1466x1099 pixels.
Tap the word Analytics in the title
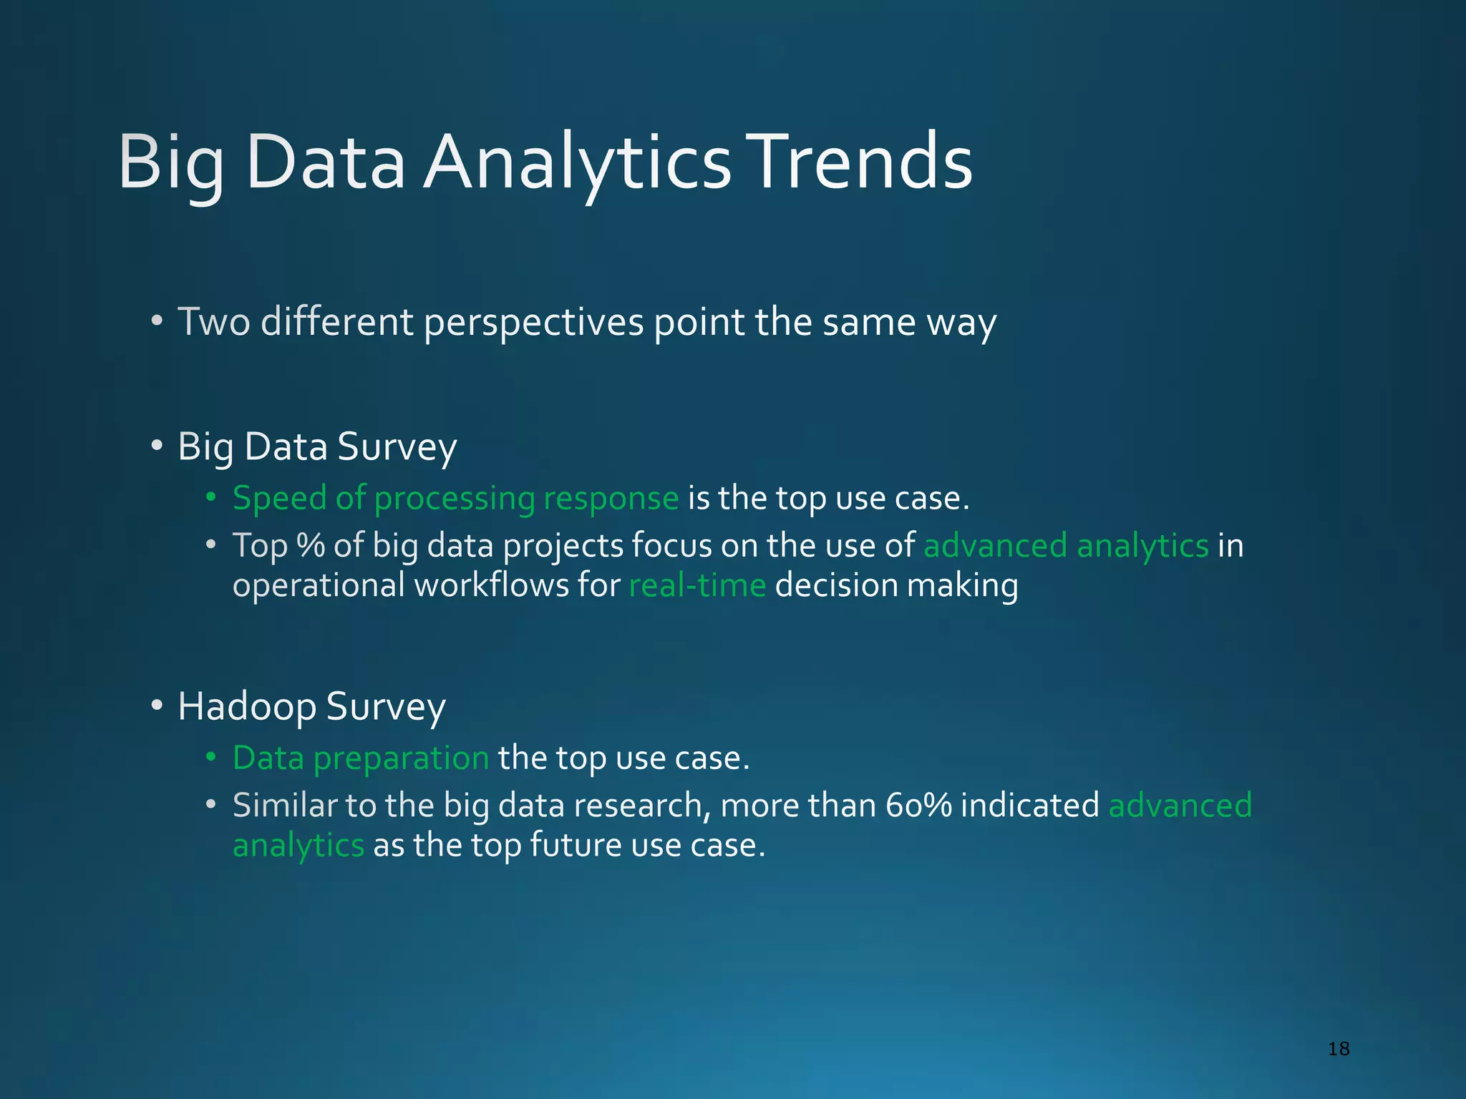tap(576, 163)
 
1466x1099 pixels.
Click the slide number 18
tap(1338, 1049)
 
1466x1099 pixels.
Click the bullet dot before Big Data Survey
tap(157, 446)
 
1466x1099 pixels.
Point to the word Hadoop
tap(246, 708)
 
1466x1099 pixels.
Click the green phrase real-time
tap(697, 585)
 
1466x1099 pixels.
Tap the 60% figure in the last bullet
tap(918, 806)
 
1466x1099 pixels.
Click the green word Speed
tap(279, 499)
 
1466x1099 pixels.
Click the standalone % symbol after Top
tap(311, 546)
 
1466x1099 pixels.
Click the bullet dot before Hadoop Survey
tap(157, 706)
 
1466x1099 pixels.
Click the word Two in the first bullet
tap(213, 322)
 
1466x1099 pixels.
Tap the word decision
tap(835, 585)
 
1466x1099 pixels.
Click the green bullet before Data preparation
tap(210, 758)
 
